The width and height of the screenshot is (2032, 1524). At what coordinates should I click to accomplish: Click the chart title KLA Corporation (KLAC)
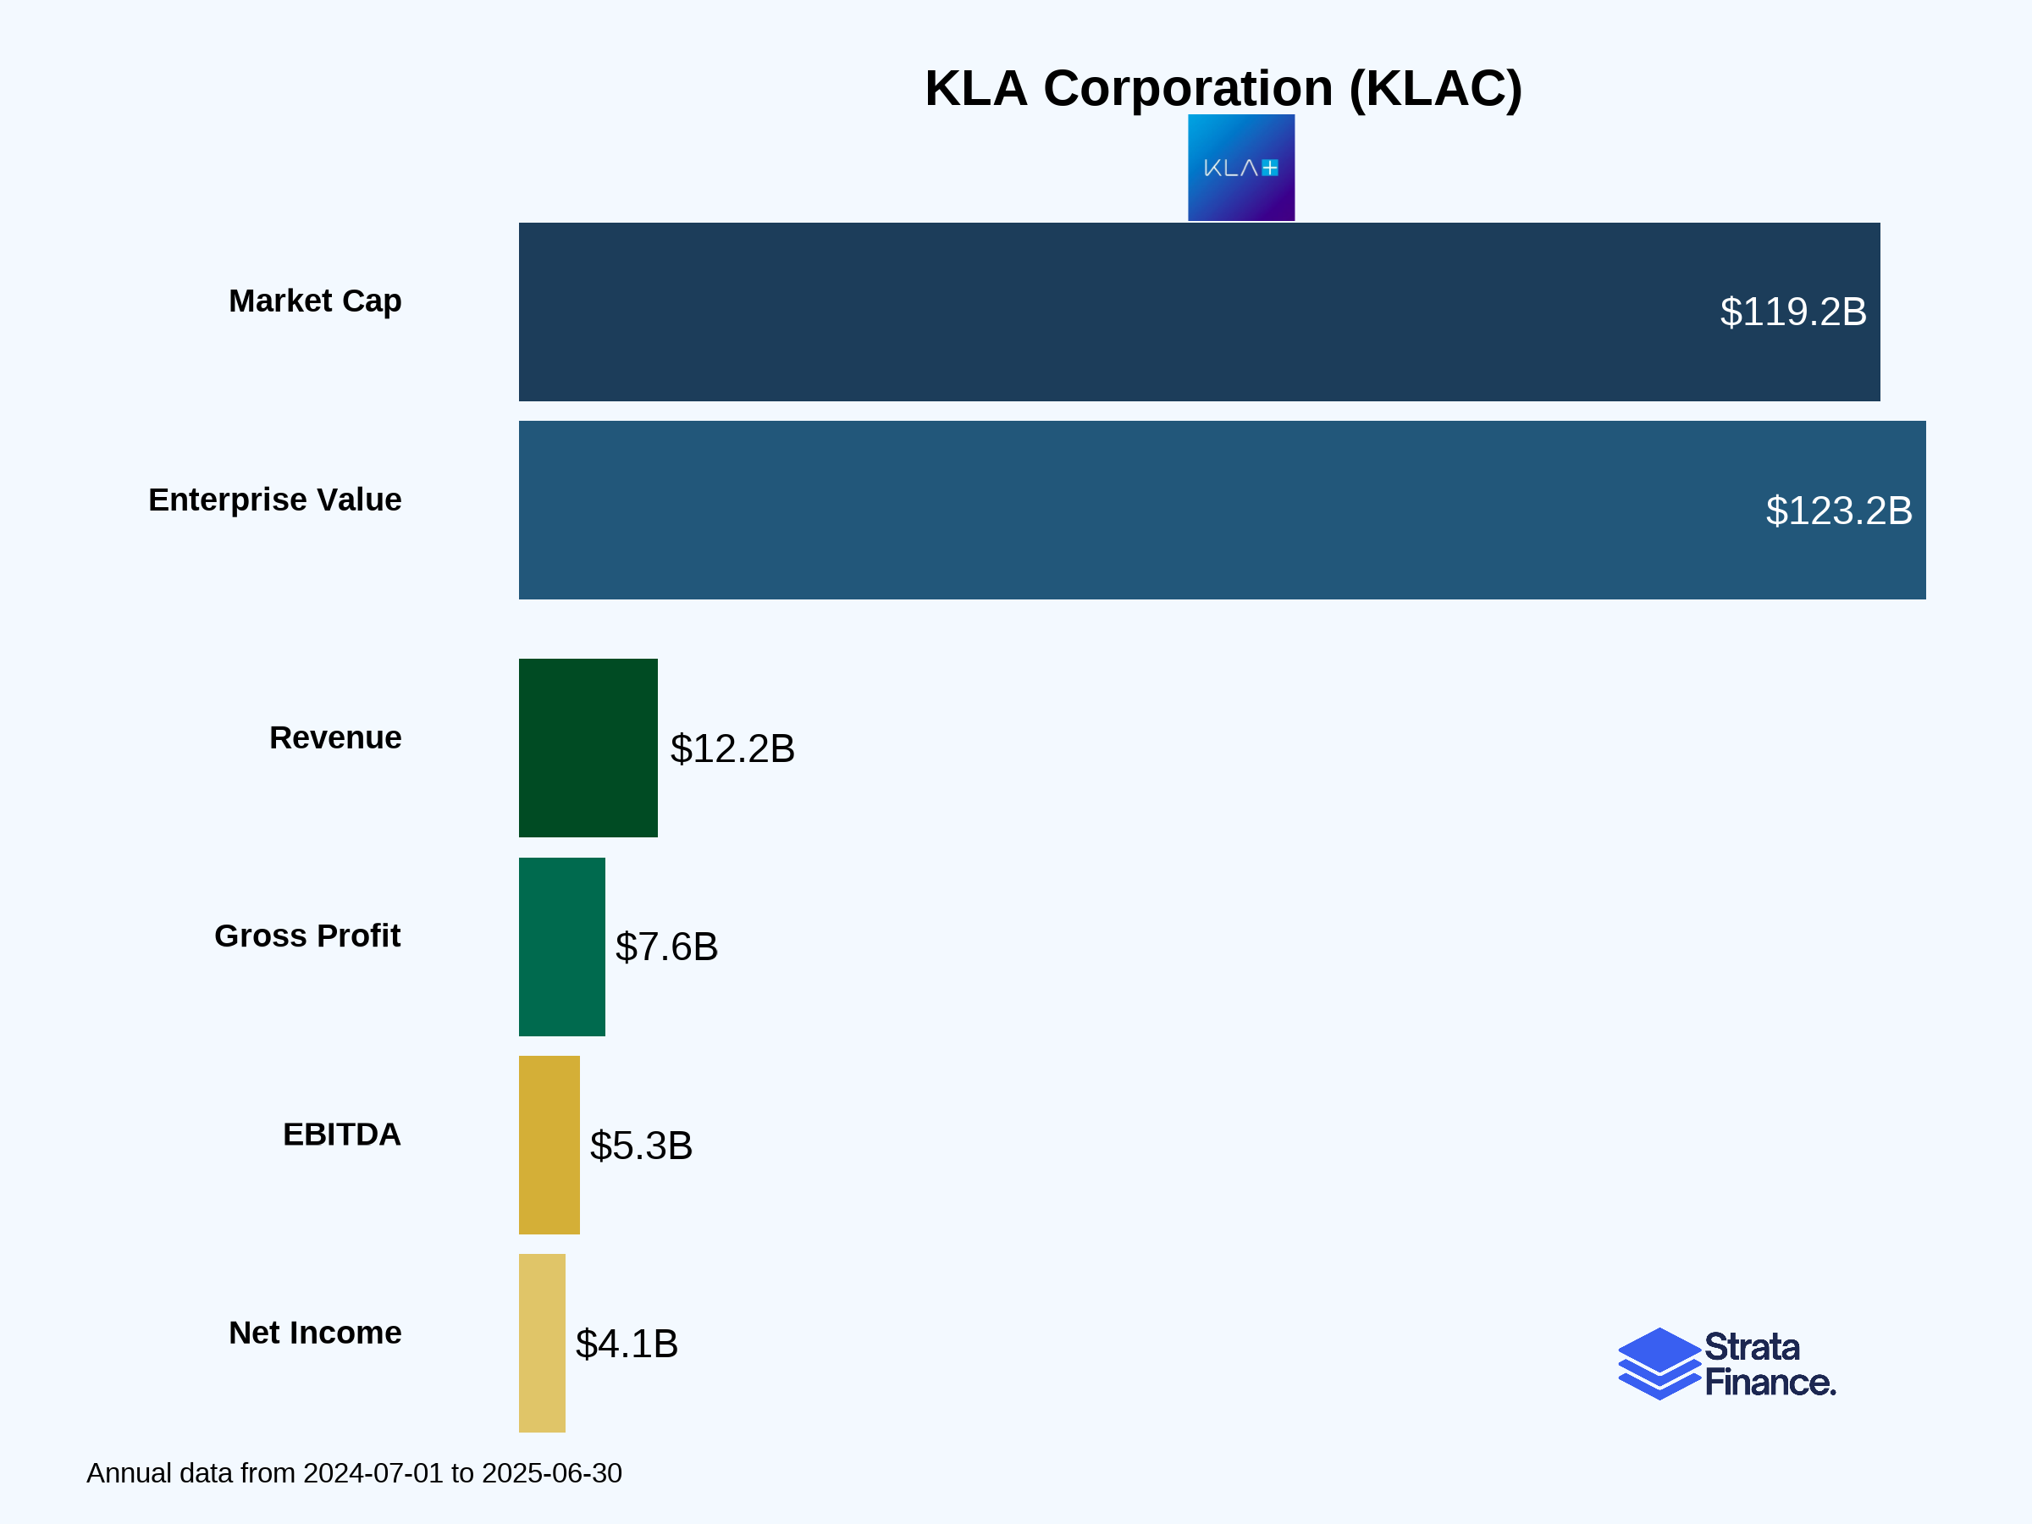click(x=1223, y=88)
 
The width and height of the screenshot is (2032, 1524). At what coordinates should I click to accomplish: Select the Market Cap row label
click(x=314, y=301)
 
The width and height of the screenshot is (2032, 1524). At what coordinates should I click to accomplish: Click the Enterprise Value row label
click(x=274, y=500)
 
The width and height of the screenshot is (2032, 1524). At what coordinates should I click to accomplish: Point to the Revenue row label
click(x=334, y=737)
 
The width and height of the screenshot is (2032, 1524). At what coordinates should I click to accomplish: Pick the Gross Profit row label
click(x=306, y=936)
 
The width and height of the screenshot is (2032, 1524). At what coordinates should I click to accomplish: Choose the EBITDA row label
click(x=341, y=1135)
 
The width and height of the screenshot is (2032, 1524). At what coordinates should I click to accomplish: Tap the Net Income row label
click(x=314, y=1333)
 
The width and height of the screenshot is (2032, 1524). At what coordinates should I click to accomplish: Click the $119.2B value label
click(x=1792, y=312)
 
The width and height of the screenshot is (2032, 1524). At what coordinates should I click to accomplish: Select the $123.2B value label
click(x=1838, y=511)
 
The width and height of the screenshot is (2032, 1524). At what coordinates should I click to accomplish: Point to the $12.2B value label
click(x=732, y=748)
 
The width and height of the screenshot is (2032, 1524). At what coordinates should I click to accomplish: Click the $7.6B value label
click(x=666, y=947)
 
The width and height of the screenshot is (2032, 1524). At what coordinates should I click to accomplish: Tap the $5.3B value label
click(x=640, y=1146)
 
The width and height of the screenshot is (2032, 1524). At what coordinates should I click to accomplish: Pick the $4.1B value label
click(x=627, y=1344)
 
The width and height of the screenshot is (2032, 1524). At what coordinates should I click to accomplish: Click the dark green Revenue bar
click(x=588, y=748)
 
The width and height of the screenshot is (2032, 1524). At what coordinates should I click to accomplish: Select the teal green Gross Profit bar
click(x=561, y=947)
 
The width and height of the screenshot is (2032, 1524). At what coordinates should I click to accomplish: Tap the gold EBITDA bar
click(x=549, y=1145)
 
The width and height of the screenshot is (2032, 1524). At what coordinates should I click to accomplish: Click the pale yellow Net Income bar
click(x=542, y=1343)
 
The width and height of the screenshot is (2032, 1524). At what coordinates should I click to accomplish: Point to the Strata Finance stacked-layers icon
click(x=1659, y=1364)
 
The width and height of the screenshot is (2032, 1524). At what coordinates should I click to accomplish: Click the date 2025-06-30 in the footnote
click(x=551, y=1473)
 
